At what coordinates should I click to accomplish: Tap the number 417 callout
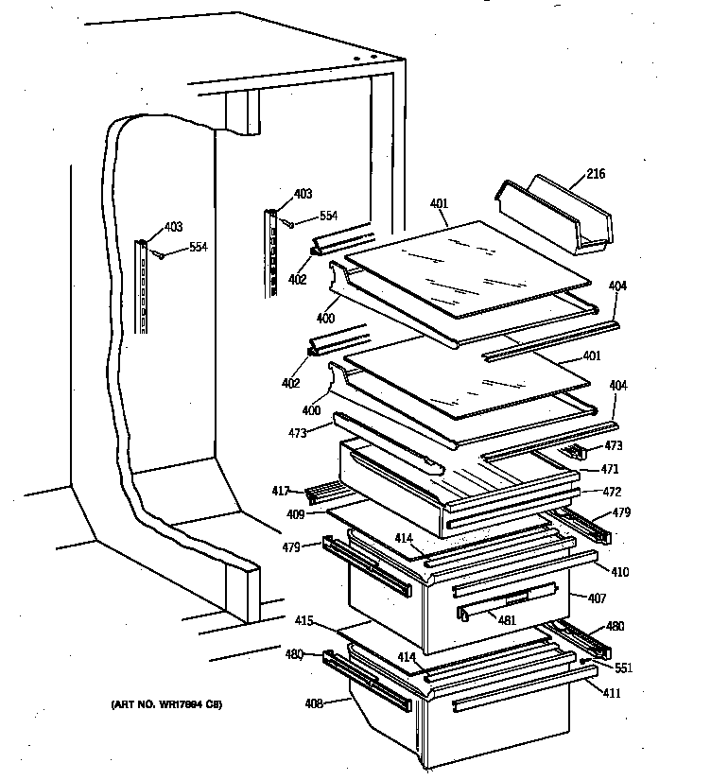tap(281, 490)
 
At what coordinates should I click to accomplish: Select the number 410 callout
tap(619, 572)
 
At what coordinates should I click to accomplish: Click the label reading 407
tap(597, 598)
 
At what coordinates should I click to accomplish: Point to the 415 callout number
tap(303, 621)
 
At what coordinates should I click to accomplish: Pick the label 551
tap(622, 668)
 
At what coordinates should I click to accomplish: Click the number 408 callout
tap(313, 703)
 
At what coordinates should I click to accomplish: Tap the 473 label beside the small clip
tap(613, 445)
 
